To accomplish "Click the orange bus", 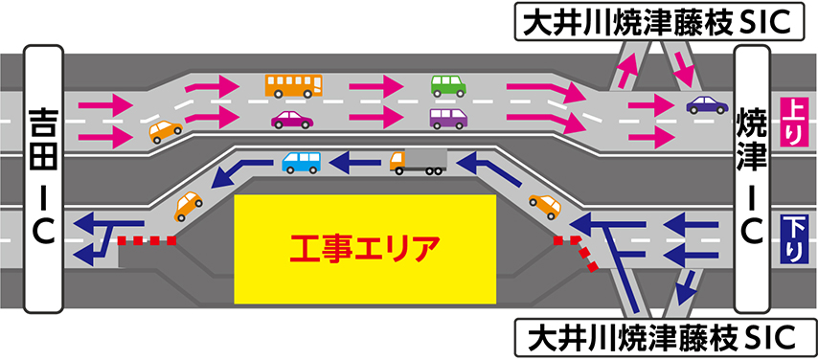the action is pyautogui.click(x=294, y=85).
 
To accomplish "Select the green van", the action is pyautogui.click(x=448, y=86).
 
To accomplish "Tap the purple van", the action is pyautogui.click(x=448, y=119).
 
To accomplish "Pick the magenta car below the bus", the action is pyautogui.click(x=292, y=120).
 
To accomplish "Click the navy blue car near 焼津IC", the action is pyautogui.click(x=707, y=105).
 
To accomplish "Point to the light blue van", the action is pyautogui.click(x=302, y=162).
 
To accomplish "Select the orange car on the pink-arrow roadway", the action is pyautogui.click(x=166, y=131).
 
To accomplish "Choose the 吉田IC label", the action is pyautogui.click(x=44, y=179).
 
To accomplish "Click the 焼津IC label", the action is pyautogui.click(x=752, y=178).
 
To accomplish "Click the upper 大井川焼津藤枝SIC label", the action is pyautogui.click(x=659, y=21).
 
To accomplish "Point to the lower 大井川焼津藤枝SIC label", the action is pyautogui.click(x=659, y=338).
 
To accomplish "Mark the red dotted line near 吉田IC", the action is pyautogui.click(x=148, y=240).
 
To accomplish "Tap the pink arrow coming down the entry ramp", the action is pyautogui.click(x=685, y=68).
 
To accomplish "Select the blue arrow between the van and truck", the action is pyautogui.click(x=358, y=162).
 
